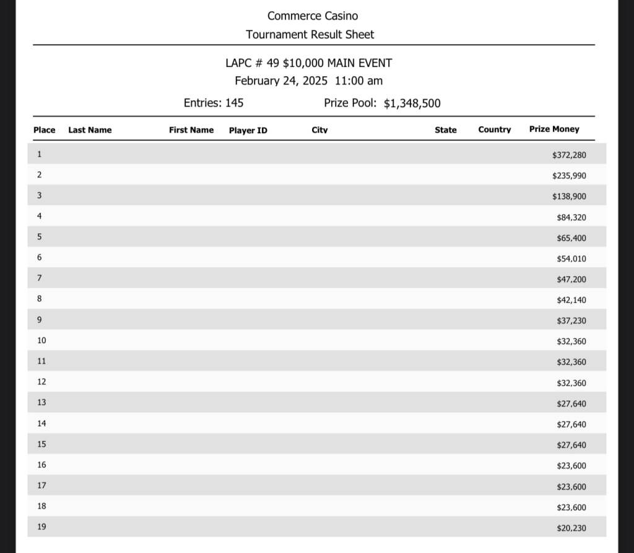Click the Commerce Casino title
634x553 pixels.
(313, 15)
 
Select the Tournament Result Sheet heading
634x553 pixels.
(310, 35)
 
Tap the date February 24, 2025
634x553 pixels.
(281, 81)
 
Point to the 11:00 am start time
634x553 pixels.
(358, 81)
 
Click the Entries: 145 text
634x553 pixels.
(214, 103)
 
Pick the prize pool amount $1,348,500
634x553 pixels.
(412, 103)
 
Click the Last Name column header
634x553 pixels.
(90, 130)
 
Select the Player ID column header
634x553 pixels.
(248, 130)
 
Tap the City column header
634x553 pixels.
(319, 130)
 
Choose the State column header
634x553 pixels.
(446, 130)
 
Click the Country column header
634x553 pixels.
(495, 130)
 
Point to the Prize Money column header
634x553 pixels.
(554, 129)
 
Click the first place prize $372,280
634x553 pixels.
(569, 155)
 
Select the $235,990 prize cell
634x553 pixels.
(569, 176)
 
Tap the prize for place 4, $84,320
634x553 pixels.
(571, 217)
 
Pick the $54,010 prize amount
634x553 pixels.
(571, 259)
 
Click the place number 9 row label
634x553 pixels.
(40, 320)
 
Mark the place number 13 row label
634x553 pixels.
(41, 403)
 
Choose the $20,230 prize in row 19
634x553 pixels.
(571, 528)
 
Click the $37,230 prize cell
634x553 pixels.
(571, 321)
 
